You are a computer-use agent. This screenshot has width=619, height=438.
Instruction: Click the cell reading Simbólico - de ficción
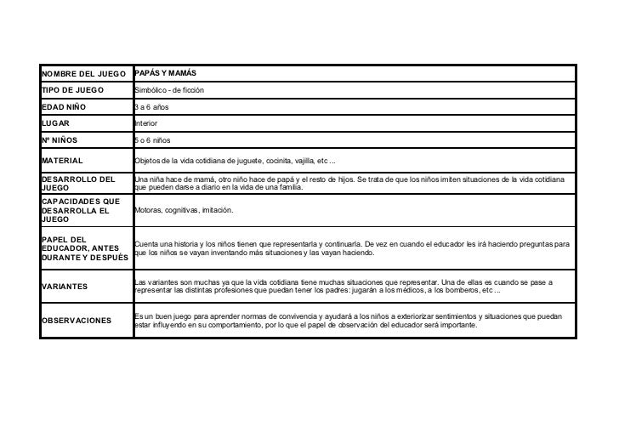coord(169,90)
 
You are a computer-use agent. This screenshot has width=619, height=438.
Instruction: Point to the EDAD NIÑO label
coord(65,107)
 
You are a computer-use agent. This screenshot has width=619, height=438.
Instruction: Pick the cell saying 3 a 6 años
coord(152,107)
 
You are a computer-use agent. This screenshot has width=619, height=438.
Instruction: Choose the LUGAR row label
coord(55,124)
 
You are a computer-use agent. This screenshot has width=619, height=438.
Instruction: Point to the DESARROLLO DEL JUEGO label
coord(77,185)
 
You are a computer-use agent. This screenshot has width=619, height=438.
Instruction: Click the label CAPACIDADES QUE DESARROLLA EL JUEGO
coord(81,209)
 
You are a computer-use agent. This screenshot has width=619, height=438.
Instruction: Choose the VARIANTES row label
coord(64,287)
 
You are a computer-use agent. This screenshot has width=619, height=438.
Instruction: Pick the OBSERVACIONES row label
coord(76,321)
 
